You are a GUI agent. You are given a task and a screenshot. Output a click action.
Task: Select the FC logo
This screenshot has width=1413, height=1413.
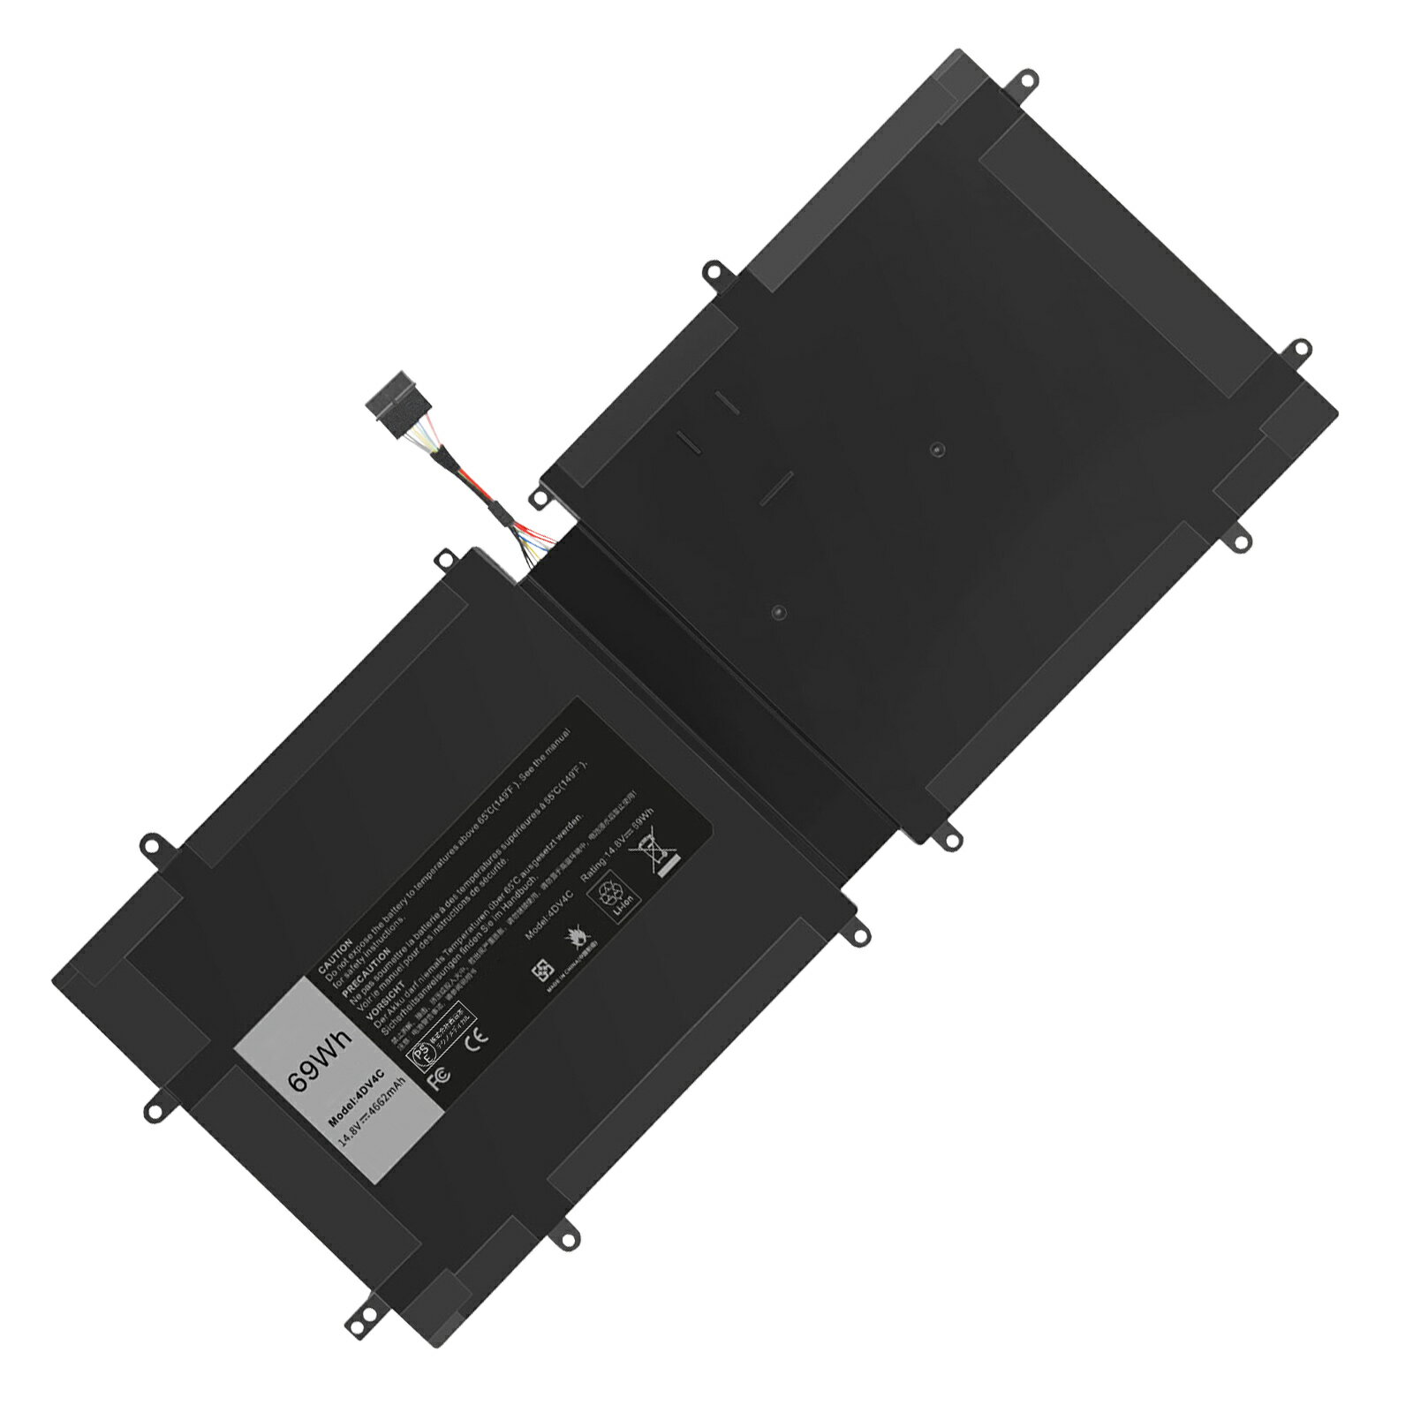click(x=438, y=1077)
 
